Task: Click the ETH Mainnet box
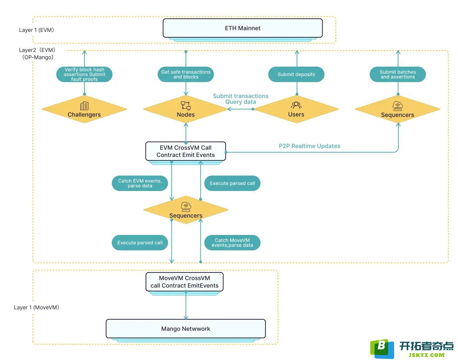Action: [243, 28]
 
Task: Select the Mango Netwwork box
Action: [185, 329]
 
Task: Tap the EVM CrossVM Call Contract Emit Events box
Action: [185, 151]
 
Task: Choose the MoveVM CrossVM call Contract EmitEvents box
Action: [184, 282]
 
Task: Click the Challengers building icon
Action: [84, 106]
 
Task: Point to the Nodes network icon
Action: [186, 106]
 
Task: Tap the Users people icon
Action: [296, 105]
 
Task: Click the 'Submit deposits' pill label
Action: [296, 74]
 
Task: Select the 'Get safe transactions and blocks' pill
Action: [186, 74]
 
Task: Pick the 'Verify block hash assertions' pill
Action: [84, 74]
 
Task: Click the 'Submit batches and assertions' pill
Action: [398, 74]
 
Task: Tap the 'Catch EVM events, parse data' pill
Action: [140, 183]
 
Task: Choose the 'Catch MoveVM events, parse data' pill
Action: [232, 243]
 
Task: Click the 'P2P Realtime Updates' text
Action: [309, 146]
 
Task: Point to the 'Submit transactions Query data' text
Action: [240, 99]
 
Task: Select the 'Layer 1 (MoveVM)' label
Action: [37, 307]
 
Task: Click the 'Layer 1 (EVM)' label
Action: [37, 30]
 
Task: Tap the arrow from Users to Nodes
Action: [240, 109]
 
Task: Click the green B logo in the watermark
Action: [382, 349]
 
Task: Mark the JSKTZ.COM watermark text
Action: [427, 355]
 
